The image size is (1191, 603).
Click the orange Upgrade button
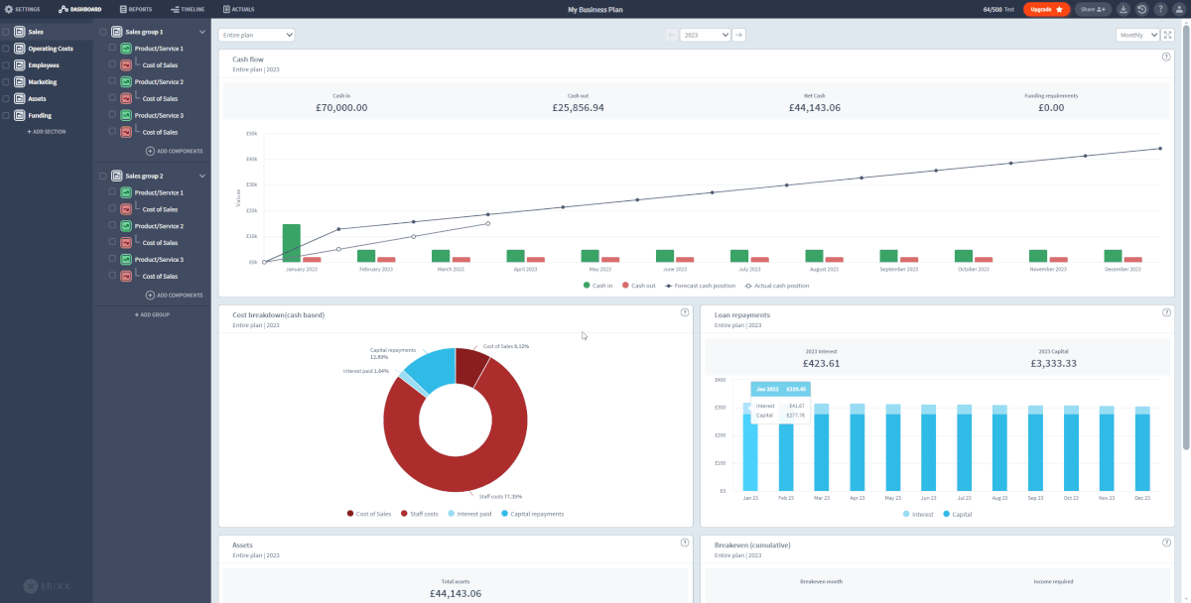1046,9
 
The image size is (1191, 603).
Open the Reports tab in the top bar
136,9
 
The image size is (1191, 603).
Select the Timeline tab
188,9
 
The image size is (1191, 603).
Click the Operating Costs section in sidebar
50,49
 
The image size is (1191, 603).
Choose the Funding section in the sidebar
40,115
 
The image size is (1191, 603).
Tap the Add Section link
46,131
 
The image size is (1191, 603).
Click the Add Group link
152,314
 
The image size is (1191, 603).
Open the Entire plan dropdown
256,35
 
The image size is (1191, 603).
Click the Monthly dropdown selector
1137,35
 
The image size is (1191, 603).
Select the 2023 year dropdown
705,35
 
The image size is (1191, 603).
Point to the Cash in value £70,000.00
341,107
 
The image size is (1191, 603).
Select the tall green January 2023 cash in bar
291,243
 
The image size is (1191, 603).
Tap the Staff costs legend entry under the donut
422,514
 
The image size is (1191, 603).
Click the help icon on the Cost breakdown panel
685,312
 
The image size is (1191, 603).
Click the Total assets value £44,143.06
455,593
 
